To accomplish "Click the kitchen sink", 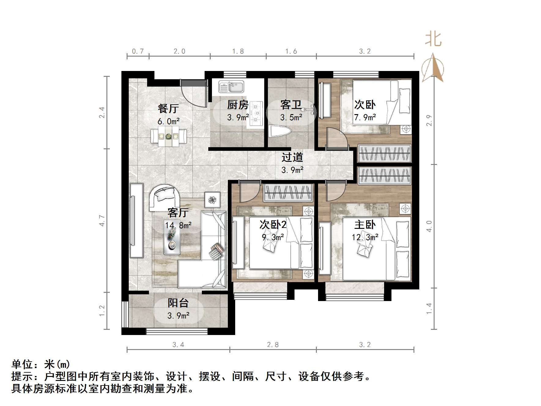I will pos(231,87).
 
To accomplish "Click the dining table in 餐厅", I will pos(169,137).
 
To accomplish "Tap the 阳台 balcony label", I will pos(178,303).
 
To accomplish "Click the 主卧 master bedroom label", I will pos(365,225).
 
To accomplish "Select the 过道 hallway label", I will pos(292,157).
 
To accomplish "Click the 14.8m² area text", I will pos(178,226).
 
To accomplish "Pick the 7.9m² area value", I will pos(365,117).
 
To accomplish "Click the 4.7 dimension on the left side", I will pos(102,221).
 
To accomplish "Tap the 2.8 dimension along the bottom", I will pos(273,345).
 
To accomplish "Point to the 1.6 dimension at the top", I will pos(291,51).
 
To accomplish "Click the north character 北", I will pos(433,39).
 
